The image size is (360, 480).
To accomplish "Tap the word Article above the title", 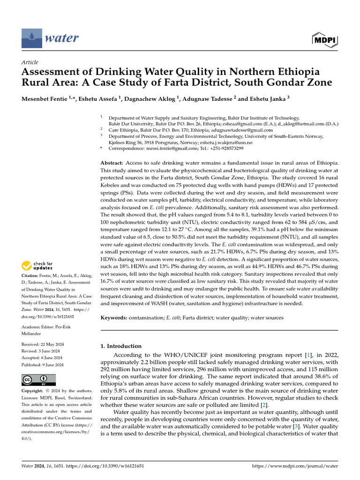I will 30,62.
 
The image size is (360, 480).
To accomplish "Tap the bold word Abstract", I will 112,162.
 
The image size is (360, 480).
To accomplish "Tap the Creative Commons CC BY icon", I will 38,380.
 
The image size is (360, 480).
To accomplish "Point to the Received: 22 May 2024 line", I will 43,345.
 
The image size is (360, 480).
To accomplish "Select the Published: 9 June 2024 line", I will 43,365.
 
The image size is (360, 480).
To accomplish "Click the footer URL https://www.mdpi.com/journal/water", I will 295,466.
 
